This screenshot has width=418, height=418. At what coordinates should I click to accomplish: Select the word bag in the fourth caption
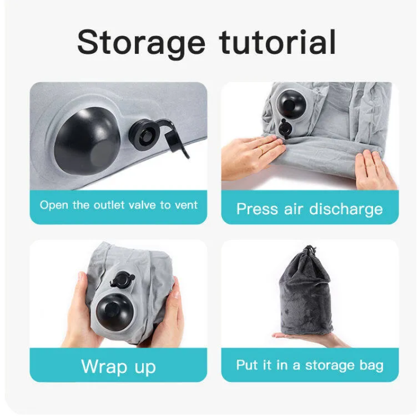coord(371,365)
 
